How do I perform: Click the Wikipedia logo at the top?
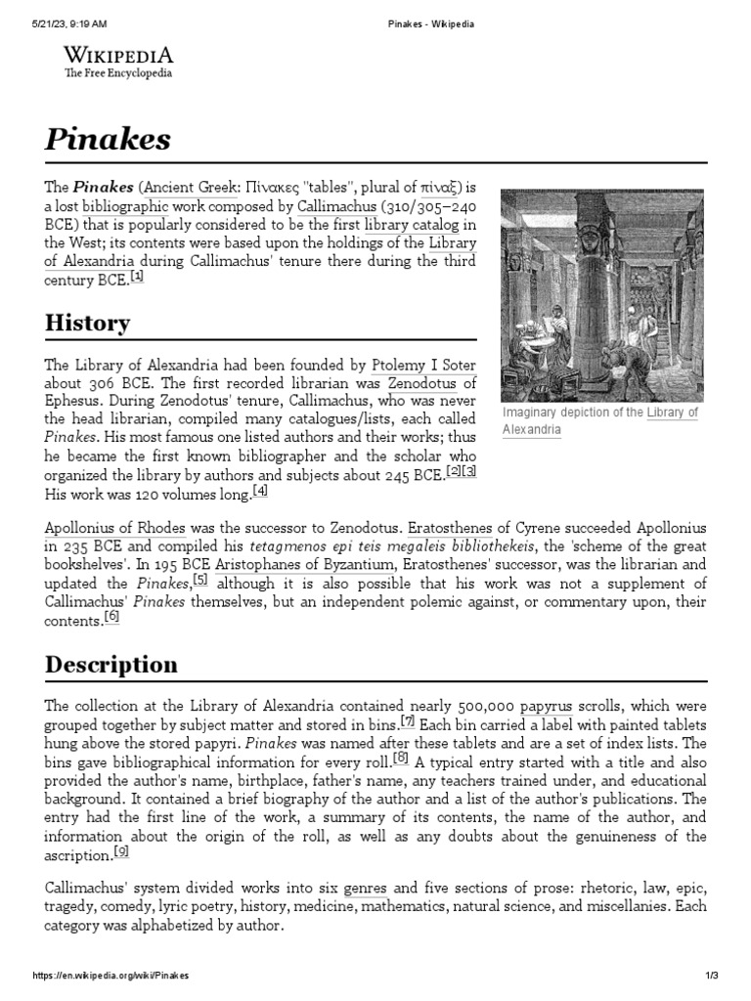tap(118, 62)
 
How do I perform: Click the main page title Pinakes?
tap(108, 139)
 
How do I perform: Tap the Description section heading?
tap(111, 665)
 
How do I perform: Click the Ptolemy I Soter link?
tap(423, 365)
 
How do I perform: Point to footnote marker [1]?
tap(137, 277)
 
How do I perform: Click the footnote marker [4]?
tap(259, 491)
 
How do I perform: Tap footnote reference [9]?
tap(121, 851)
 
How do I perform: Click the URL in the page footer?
tap(110, 976)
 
